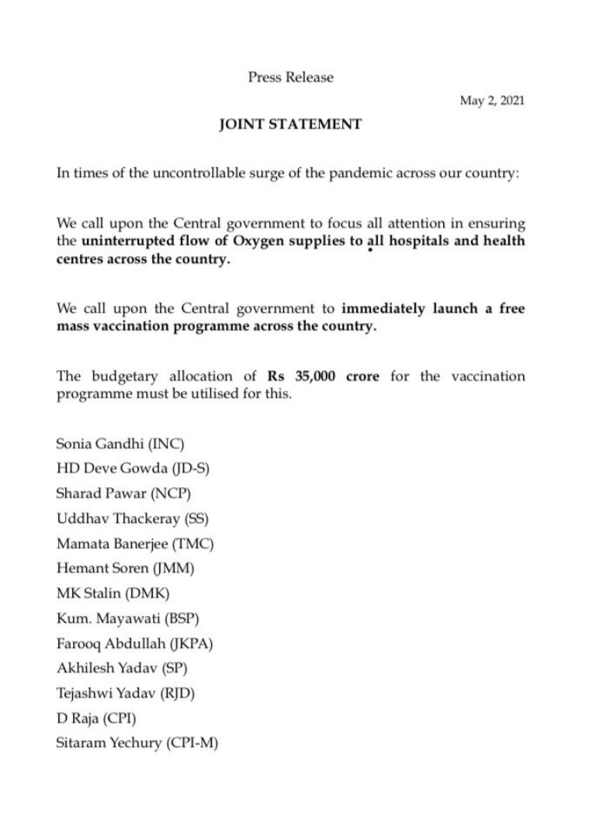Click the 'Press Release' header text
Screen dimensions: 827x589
(x=290, y=77)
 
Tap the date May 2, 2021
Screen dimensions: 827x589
(x=492, y=101)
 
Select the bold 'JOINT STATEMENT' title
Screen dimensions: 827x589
(x=290, y=123)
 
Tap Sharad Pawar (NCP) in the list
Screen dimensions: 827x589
(x=123, y=493)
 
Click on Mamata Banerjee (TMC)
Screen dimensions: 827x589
(x=134, y=543)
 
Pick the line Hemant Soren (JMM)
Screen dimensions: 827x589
(x=125, y=568)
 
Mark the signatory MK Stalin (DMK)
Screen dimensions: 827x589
(x=113, y=593)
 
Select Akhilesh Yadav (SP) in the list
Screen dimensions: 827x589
(x=123, y=668)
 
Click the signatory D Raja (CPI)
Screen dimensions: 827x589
(x=95, y=718)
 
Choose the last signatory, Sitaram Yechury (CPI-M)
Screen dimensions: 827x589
(x=137, y=742)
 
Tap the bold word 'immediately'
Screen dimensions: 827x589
(x=383, y=309)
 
